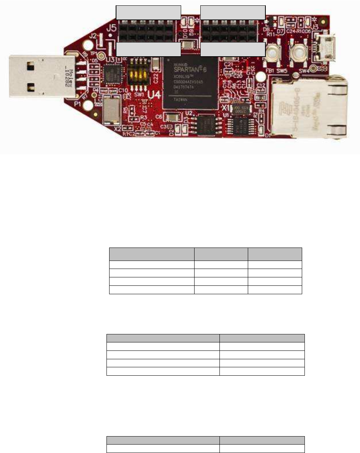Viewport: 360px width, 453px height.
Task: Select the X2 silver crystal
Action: (x=111, y=110)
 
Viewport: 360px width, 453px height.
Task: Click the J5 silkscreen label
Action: (x=112, y=28)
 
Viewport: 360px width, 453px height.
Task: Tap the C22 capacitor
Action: (x=155, y=64)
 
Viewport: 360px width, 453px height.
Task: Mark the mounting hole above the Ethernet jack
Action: (x=314, y=68)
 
